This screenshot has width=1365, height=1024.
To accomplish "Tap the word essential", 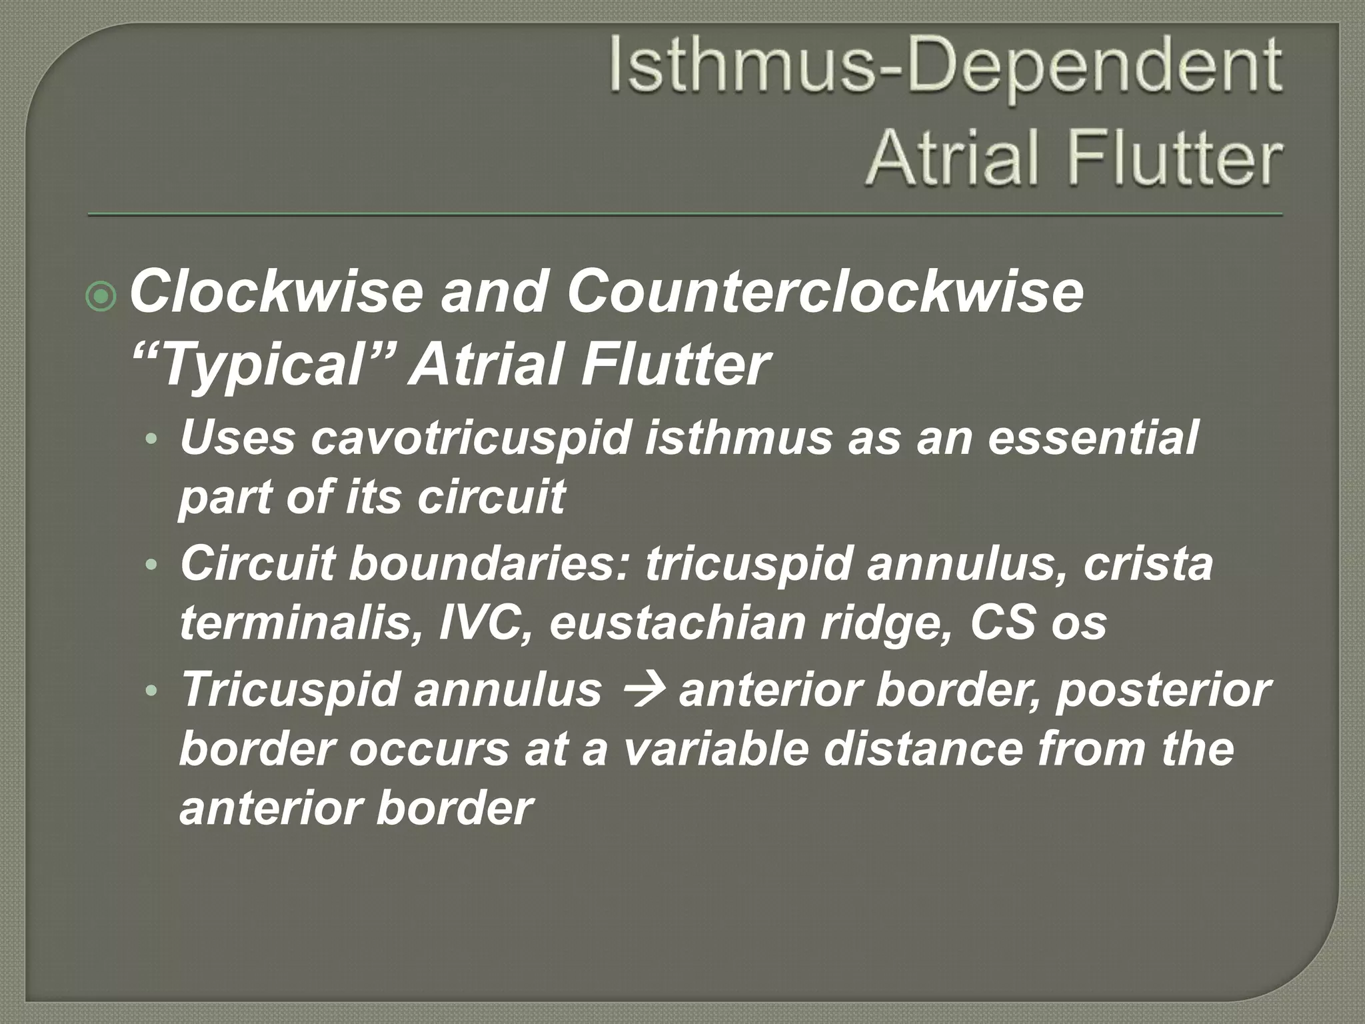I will pyautogui.click(x=1093, y=438).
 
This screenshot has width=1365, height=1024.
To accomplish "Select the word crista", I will pyautogui.click(x=1148, y=564).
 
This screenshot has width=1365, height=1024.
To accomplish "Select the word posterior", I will pyautogui.click(x=1164, y=689).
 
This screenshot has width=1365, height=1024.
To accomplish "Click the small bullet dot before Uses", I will pyautogui.click(x=153, y=440).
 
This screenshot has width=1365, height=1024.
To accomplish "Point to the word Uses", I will pyautogui.click(x=237, y=438).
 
